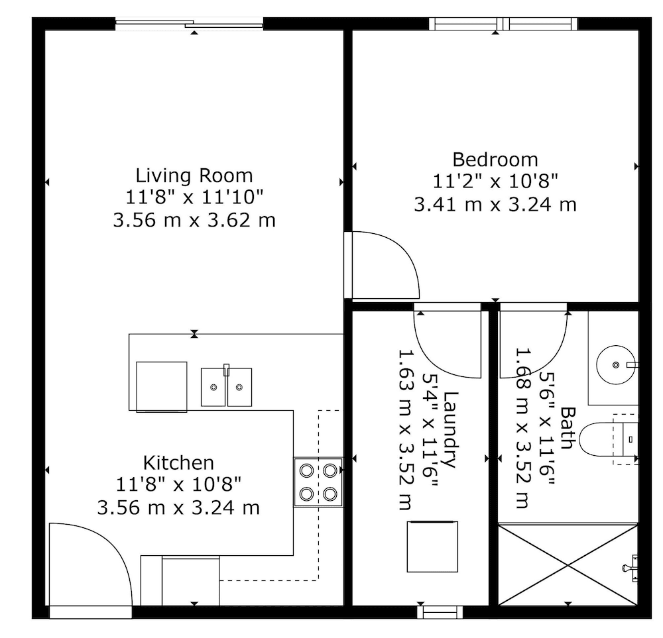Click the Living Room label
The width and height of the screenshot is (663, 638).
point(194,176)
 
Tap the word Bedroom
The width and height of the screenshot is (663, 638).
point(495,160)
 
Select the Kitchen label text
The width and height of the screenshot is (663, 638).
point(178,463)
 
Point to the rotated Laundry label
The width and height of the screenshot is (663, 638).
point(450,430)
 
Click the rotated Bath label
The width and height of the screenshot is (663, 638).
point(568,427)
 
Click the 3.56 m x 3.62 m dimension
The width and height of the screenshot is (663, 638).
point(194,221)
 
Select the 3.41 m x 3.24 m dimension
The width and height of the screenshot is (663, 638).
point(495,205)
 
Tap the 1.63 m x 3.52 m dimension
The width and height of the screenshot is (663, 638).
point(405,430)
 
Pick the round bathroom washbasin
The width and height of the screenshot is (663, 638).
point(616,364)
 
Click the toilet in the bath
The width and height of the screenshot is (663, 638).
point(608,439)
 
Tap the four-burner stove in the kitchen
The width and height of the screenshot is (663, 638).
point(318,482)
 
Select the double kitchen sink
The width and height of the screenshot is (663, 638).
point(226,387)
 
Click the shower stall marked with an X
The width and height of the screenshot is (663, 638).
point(568,565)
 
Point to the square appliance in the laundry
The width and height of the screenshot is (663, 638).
point(432,547)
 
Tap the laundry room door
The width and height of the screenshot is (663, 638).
point(448,341)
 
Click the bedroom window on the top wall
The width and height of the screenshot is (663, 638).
point(503,24)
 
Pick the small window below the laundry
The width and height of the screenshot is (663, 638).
point(440,612)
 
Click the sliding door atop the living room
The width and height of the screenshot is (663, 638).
point(190,24)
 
